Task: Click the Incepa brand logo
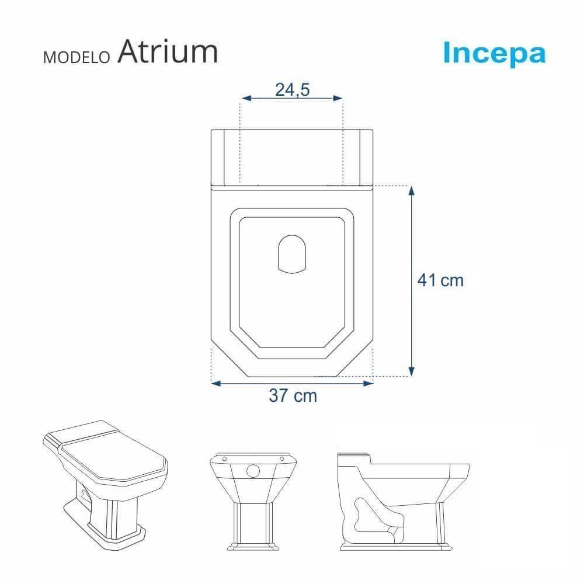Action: pos(494,53)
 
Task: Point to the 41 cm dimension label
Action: pos(440,280)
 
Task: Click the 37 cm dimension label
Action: pos(293,396)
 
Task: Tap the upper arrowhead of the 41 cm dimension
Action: pos(412,190)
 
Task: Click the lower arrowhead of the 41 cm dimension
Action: pos(412,371)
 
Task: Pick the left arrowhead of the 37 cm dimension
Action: pos(215,383)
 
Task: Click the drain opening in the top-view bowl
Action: pos(291,254)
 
